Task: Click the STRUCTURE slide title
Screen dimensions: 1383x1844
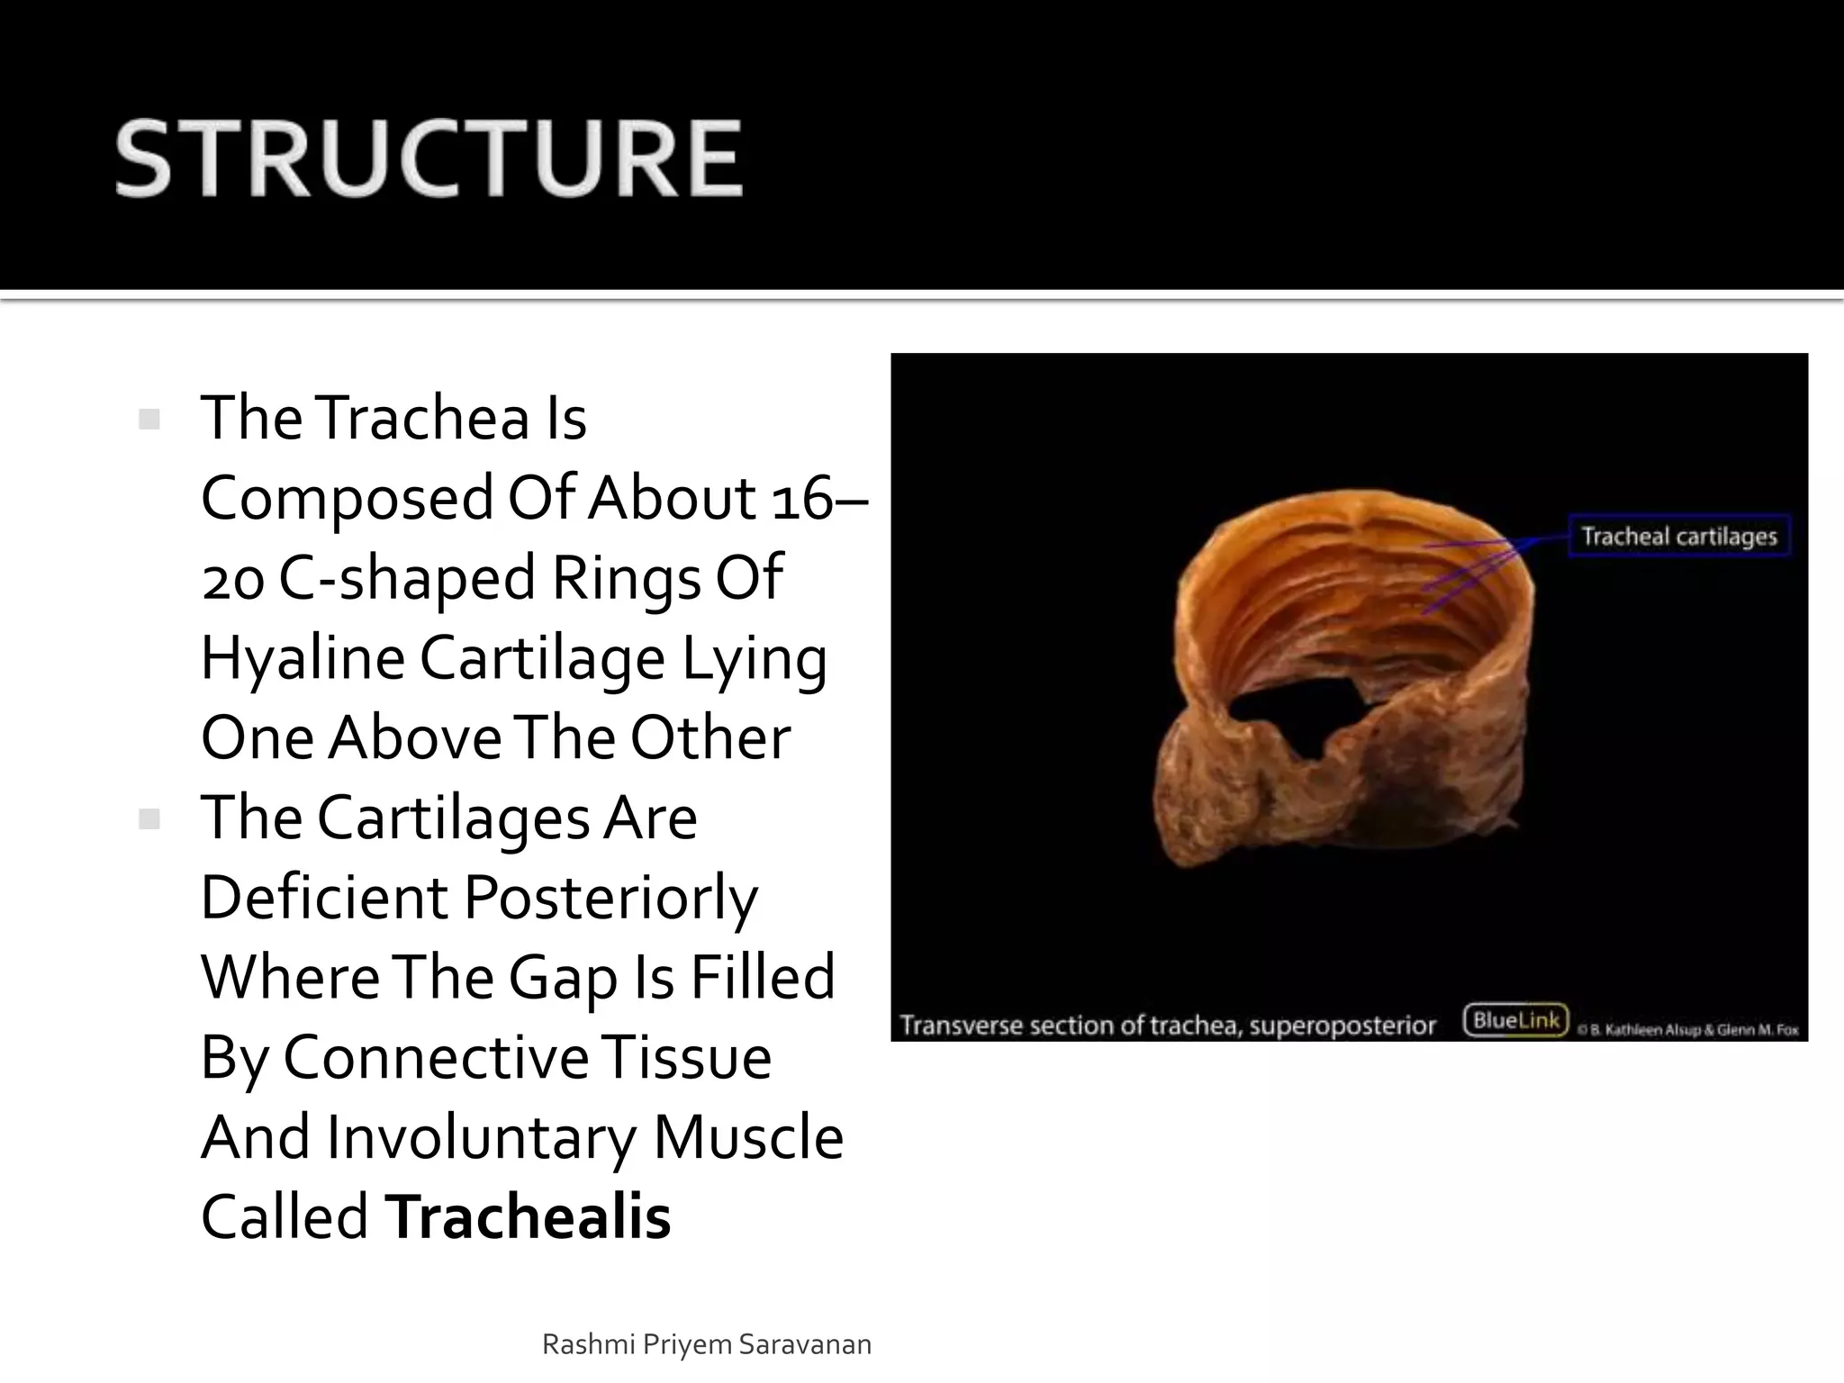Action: coord(429,159)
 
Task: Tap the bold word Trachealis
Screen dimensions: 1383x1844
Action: coord(528,1216)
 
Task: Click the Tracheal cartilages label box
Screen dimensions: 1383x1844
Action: coord(1679,537)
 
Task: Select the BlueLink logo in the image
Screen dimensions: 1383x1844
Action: coord(1516,1021)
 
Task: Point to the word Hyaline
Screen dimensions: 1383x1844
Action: coord(303,658)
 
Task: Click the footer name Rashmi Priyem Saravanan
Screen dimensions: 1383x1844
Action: coord(707,1344)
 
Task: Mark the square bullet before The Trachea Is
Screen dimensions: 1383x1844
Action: coord(149,420)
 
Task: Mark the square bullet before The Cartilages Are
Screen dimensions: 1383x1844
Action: coord(149,819)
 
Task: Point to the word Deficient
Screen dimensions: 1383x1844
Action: coord(324,898)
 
